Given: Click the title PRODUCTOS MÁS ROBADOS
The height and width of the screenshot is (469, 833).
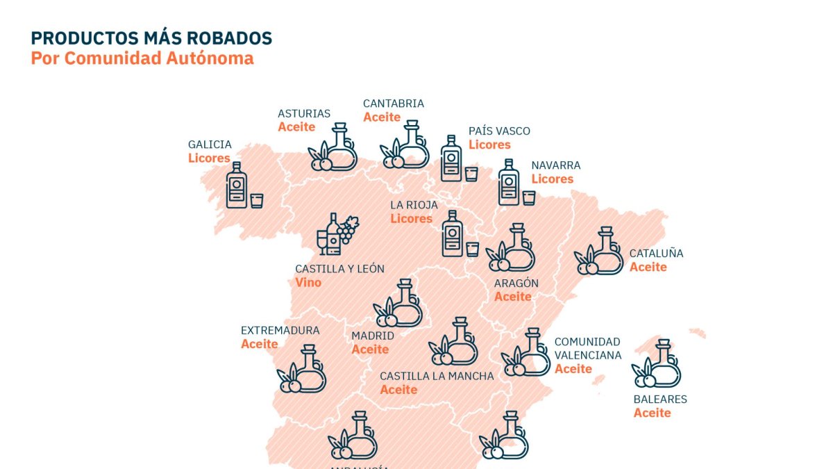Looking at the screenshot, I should (151, 38).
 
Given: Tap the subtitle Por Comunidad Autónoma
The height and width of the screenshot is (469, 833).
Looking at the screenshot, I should (142, 58).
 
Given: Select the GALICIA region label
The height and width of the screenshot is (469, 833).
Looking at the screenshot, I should (210, 145).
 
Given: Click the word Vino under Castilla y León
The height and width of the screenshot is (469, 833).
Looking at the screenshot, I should (308, 283).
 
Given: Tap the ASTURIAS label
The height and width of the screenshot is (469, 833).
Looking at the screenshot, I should (304, 113).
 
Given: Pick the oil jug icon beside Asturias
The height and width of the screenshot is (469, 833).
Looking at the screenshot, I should (333, 148).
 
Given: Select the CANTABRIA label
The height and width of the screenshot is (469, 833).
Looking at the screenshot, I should (393, 104).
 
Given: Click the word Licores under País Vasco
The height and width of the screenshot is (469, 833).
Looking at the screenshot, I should (489, 145).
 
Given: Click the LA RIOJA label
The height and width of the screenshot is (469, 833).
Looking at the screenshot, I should (414, 205).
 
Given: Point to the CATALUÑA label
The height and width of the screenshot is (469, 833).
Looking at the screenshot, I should (656, 253).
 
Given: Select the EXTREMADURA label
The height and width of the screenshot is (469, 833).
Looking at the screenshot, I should (280, 330).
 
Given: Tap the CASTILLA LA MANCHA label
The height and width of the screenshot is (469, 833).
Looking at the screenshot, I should (437, 376).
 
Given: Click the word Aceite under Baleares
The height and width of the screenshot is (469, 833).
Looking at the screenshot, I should (652, 413).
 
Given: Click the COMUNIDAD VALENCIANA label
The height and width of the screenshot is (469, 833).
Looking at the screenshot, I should (587, 348).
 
